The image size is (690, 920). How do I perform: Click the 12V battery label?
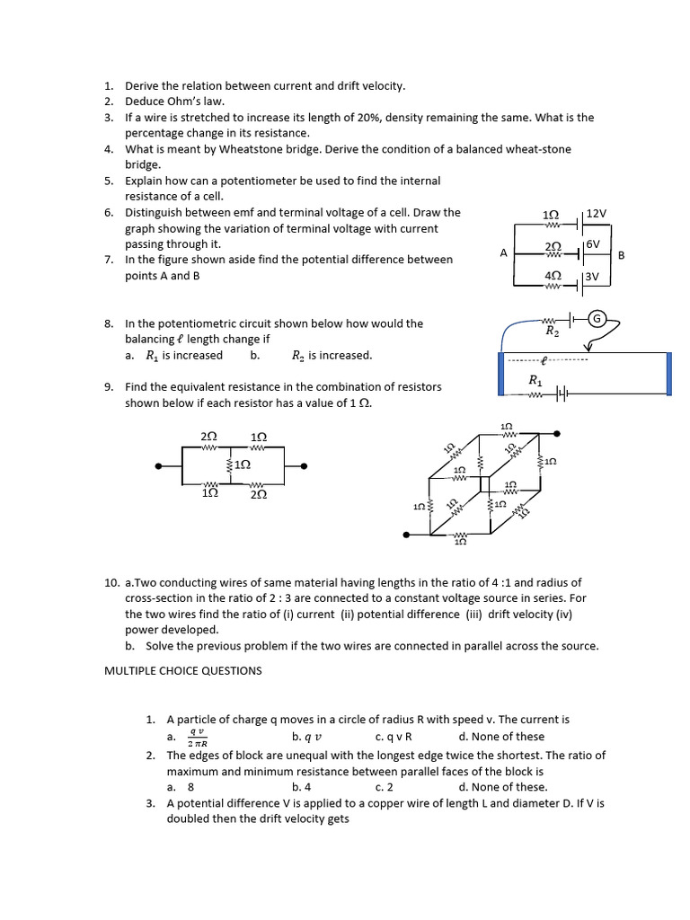tap(597, 214)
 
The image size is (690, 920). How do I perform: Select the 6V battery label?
tap(592, 244)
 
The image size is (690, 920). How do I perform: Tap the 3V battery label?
tap(591, 277)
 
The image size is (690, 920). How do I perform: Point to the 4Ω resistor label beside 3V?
tap(553, 276)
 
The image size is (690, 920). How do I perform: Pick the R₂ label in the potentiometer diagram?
tap(553, 332)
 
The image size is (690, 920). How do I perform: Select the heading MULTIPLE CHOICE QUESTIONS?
tap(183, 670)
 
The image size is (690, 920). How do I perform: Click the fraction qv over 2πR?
tap(198, 737)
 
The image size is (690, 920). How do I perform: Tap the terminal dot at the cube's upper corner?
tap(558, 434)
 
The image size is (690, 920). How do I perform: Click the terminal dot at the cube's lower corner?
tap(408, 535)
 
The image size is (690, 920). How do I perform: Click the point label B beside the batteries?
tap(621, 255)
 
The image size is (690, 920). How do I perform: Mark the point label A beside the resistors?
tap(504, 253)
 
